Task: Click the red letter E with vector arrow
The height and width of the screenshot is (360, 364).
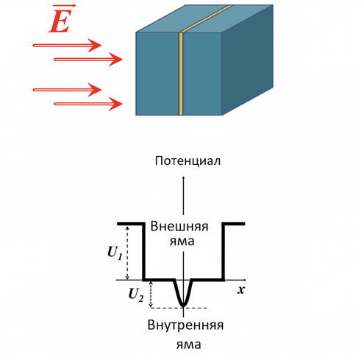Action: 61,19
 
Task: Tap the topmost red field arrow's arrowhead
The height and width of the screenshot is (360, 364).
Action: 96,45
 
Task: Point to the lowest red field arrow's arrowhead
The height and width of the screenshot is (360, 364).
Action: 116,104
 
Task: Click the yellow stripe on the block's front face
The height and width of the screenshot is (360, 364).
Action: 181,74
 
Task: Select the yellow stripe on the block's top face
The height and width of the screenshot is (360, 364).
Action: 207,18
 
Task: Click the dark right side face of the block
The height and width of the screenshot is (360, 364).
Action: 248,60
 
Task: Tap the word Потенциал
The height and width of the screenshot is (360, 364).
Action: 188,161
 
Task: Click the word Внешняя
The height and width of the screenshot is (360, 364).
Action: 179,226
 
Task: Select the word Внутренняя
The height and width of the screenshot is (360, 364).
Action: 185,325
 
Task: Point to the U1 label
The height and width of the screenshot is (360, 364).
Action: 115,253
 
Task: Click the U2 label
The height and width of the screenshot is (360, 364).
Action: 136,294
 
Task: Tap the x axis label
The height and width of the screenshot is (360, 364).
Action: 241,290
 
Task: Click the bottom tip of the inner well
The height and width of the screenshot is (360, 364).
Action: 183,306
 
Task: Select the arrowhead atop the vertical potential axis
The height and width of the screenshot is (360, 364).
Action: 183,178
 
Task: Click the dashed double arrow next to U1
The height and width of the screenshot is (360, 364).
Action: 127,253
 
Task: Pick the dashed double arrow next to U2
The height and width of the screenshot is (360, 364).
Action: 151,294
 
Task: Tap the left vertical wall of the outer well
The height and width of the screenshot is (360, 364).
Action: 143,252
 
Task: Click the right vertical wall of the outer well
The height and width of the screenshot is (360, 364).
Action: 224,252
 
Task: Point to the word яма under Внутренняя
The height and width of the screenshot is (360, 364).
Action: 189,345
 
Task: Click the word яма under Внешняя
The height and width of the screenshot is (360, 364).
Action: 182,241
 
